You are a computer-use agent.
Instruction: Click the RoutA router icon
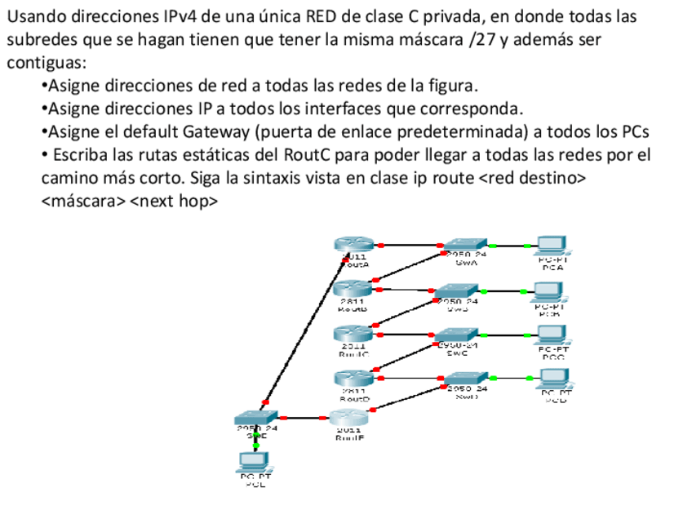click(x=353, y=243)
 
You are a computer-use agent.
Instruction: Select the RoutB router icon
click(x=353, y=288)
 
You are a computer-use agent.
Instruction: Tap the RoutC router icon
click(x=353, y=333)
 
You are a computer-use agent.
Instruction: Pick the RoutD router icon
click(x=353, y=378)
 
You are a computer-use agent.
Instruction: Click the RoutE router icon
click(x=348, y=418)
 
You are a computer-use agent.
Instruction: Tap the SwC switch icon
click(x=456, y=334)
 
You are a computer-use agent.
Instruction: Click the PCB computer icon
click(x=548, y=291)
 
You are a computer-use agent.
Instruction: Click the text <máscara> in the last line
click(x=83, y=200)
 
